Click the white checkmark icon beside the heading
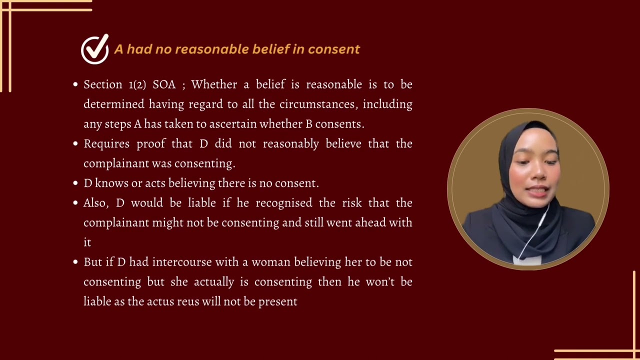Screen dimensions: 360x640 coord(95,49)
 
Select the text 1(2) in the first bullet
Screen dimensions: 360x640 coord(137,84)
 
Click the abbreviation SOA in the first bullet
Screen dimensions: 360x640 coord(164,84)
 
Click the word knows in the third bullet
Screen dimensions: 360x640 coord(111,183)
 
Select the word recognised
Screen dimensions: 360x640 coord(285,203)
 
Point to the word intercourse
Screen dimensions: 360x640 coord(182,262)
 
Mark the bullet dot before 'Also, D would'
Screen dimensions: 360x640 coord(75,203)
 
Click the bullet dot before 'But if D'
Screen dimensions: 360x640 coord(75,262)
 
